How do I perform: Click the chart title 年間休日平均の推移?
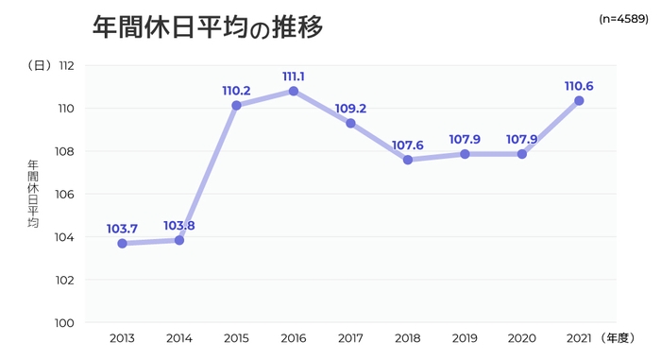(208, 27)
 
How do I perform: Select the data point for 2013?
(123, 244)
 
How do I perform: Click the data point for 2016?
(294, 91)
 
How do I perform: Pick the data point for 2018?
(408, 160)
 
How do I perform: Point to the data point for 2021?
(579, 100)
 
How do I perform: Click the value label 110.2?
(236, 91)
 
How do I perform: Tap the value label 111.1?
(294, 76)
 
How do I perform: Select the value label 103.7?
(123, 229)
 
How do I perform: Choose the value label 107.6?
(408, 145)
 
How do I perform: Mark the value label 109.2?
(350, 109)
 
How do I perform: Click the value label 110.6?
(579, 86)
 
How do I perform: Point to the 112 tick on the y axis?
(66, 66)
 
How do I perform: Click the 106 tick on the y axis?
(66, 195)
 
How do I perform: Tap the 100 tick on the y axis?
(66, 323)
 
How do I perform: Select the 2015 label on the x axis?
(236, 337)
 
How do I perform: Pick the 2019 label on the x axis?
(465, 337)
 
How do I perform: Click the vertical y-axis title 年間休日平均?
(33, 195)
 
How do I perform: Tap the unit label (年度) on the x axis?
(621, 337)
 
